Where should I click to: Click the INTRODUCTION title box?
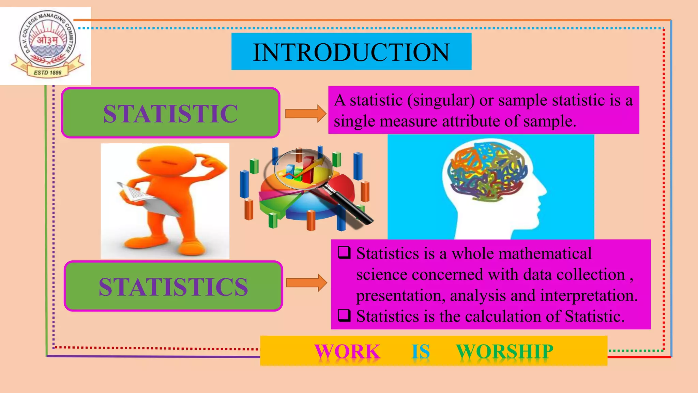coord(351,52)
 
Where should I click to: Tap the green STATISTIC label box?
coord(170,113)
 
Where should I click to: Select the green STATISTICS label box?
coord(173,286)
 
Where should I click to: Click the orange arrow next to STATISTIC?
coord(305,113)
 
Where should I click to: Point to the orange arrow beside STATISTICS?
coord(306,282)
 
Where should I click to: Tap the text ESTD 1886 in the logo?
coord(47,73)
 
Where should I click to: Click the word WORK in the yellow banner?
coord(347,351)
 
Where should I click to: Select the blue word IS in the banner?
coord(421,351)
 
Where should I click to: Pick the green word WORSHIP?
coord(504,351)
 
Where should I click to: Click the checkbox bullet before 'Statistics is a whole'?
coord(344,253)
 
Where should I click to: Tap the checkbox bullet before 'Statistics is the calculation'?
coord(344,316)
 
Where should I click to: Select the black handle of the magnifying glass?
coord(356,210)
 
